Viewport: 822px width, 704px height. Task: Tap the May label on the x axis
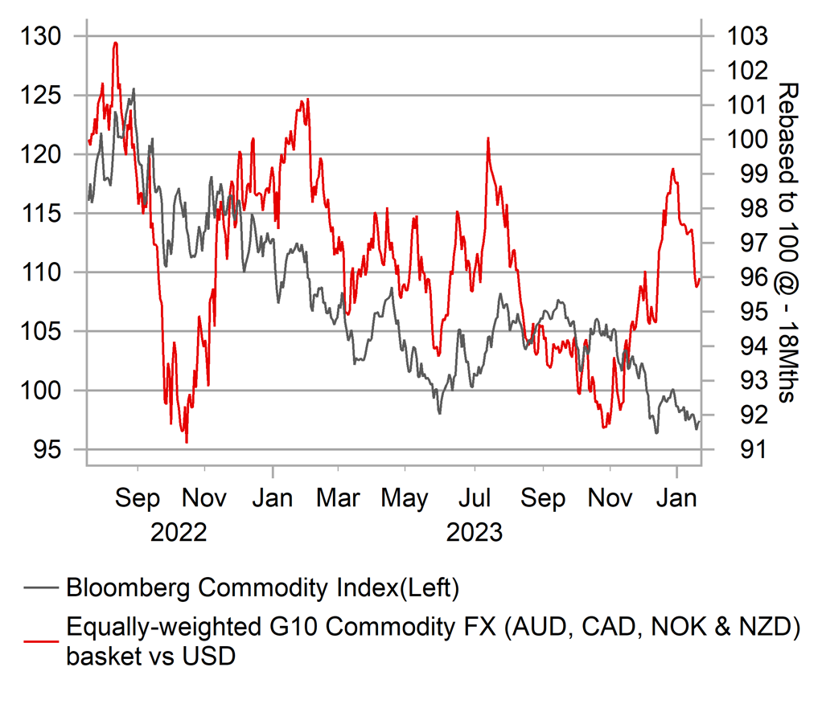pyautogui.click(x=405, y=498)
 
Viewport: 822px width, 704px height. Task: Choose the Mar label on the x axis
pyautogui.click(x=338, y=498)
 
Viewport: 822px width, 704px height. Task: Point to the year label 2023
pyautogui.click(x=475, y=533)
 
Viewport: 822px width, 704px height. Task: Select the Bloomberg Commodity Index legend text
pyautogui.click(x=262, y=588)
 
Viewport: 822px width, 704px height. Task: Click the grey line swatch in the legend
pyautogui.click(x=41, y=589)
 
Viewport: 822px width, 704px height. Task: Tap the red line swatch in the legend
pyautogui.click(x=41, y=641)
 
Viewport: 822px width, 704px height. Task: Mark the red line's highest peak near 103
pyautogui.click(x=116, y=43)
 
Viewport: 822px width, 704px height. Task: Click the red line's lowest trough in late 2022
pyautogui.click(x=187, y=442)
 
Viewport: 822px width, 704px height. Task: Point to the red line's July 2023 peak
pyautogui.click(x=487, y=139)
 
